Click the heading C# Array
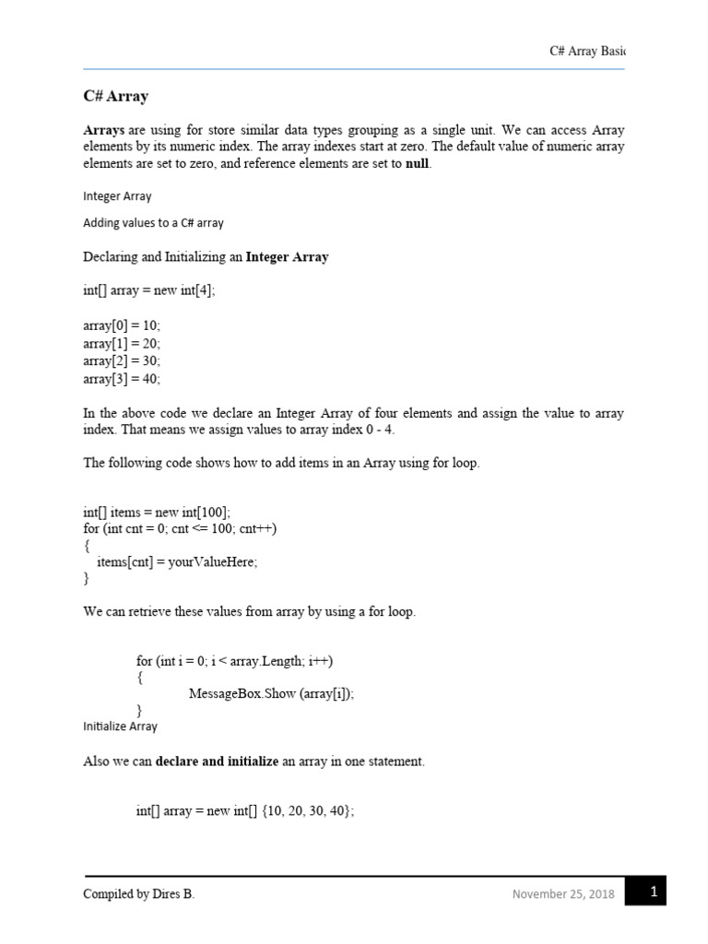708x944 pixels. click(115, 97)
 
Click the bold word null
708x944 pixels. click(419, 164)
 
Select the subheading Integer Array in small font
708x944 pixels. click(117, 196)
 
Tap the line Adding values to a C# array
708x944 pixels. click(153, 223)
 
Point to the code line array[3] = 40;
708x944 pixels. click(122, 378)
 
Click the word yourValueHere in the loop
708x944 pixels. click(211, 562)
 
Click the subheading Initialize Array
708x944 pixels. click(120, 726)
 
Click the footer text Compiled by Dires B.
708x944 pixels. click(138, 894)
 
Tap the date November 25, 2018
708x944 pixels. click(563, 894)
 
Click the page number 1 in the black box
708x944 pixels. click(653, 891)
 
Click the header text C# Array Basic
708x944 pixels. click(586, 52)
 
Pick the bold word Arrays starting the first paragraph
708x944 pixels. click(104, 131)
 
